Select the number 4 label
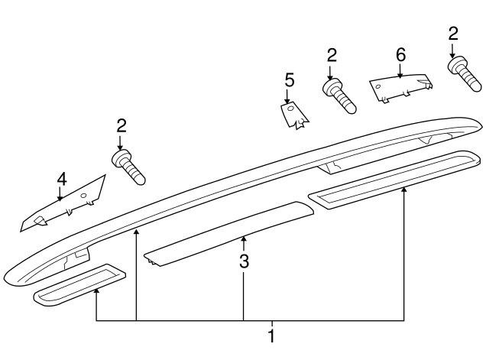tap(61, 180)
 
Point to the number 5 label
tap(289, 80)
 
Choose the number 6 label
tap(400, 56)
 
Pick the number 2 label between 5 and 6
tap(332, 55)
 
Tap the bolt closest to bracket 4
tap(129, 167)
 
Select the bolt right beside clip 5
tap(342, 96)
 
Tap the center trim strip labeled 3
tap(229, 234)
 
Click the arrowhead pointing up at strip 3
tap(244, 240)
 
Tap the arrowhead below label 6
tap(400, 75)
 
